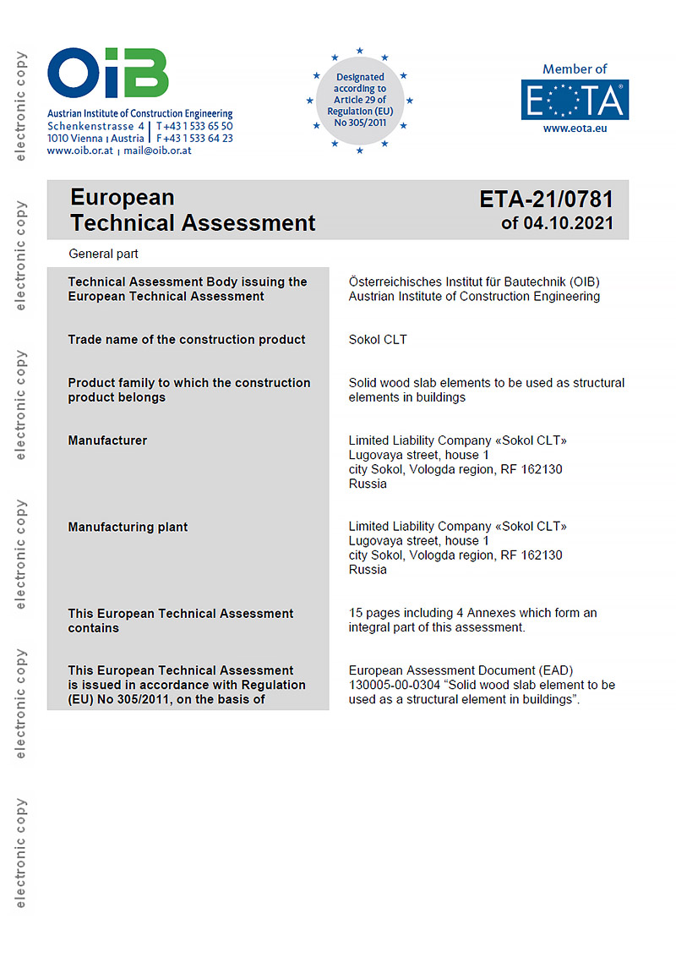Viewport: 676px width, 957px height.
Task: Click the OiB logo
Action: click(x=107, y=74)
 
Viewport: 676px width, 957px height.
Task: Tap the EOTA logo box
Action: click(x=575, y=100)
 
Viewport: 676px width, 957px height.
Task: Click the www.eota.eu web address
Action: click(x=575, y=129)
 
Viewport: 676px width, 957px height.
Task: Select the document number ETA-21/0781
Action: click(x=546, y=200)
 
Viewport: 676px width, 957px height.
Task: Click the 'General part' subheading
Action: click(x=103, y=254)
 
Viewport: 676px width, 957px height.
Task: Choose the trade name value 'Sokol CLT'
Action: click(x=378, y=340)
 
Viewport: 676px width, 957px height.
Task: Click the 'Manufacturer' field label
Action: click(x=107, y=440)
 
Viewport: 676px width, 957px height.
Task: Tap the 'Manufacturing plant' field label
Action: click(x=128, y=527)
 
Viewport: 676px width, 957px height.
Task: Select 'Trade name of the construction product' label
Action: click(x=187, y=340)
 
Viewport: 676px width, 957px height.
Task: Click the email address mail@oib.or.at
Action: click(x=158, y=150)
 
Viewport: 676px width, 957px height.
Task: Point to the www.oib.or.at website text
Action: click(x=80, y=150)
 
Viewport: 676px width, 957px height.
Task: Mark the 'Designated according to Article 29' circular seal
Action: click(x=360, y=101)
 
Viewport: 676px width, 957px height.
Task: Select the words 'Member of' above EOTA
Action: click(x=575, y=69)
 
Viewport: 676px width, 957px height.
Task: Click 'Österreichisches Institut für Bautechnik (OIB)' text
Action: click(x=474, y=282)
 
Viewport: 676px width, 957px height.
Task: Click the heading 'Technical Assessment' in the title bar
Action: click(x=193, y=223)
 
